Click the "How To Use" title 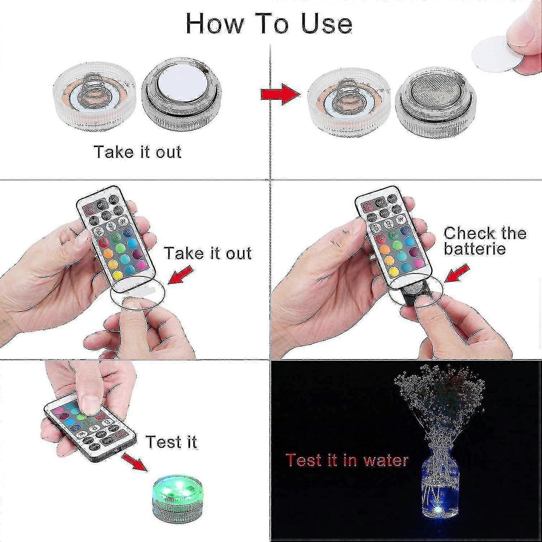coord(269,24)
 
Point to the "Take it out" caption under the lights coord(137,152)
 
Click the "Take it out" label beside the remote coord(208,253)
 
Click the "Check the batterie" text coord(484,241)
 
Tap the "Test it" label coord(171,442)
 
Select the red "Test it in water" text coord(347,460)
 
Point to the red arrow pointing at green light coord(135,463)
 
